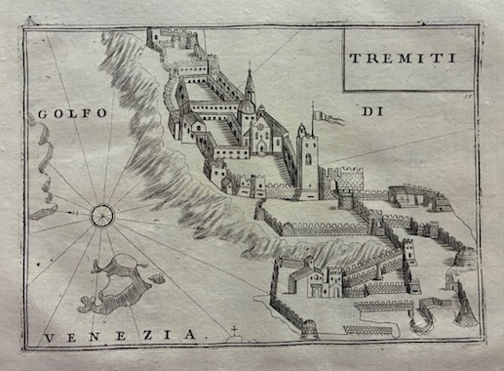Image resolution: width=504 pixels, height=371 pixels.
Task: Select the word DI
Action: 371,114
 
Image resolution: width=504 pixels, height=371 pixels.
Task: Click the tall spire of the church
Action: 251,82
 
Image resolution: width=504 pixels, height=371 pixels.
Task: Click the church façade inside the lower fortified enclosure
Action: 321,282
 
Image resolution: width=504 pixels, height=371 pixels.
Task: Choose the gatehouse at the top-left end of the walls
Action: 159,37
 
